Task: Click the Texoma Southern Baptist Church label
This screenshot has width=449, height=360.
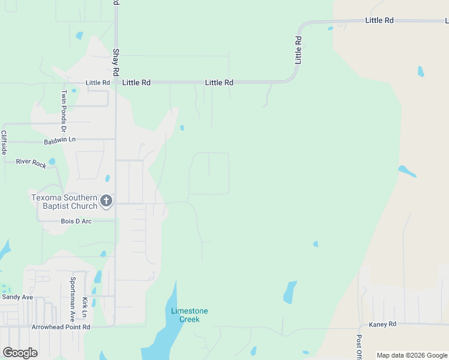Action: point(64,202)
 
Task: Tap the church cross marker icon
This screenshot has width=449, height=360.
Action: point(106,201)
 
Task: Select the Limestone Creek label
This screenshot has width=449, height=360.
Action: point(189,314)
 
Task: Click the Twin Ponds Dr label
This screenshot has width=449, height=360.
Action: point(64,111)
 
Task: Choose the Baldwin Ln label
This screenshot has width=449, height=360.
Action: point(60,140)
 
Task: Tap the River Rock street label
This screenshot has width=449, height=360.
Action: point(31,163)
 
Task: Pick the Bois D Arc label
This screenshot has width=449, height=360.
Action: point(76,221)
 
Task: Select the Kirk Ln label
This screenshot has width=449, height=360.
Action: point(85,307)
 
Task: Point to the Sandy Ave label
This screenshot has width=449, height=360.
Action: point(17,297)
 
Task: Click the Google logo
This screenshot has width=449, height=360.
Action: point(20,353)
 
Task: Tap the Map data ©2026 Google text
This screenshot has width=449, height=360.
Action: point(412,355)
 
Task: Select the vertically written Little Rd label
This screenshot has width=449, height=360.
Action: point(298,50)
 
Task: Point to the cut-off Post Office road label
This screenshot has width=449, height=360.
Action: point(359,347)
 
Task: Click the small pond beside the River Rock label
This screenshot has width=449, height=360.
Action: point(52,161)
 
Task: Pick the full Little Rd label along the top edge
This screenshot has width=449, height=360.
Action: point(379,20)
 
